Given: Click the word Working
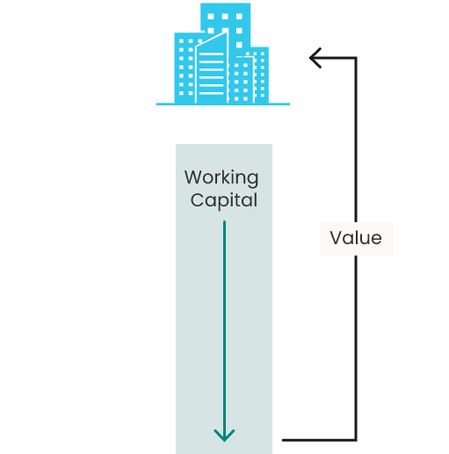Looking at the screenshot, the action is click(221, 178).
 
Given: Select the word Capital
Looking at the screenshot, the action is click(224, 201).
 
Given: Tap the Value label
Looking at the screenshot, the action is click(356, 238).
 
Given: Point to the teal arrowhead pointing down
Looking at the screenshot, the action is click(224, 435).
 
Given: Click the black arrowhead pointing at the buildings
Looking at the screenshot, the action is click(315, 58).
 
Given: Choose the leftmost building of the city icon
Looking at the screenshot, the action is click(185, 68).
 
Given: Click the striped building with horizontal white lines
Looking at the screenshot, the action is click(212, 70).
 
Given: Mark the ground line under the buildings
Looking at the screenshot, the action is click(223, 104).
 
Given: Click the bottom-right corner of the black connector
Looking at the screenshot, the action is click(356, 440).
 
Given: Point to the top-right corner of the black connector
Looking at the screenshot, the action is click(356, 58).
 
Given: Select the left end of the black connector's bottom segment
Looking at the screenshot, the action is click(283, 440).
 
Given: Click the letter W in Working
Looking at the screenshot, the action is click(193, 177).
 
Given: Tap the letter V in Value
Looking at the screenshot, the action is click(337, 237).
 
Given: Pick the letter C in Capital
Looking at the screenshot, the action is click(197, 200).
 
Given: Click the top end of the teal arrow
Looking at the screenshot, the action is click(224, 221).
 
